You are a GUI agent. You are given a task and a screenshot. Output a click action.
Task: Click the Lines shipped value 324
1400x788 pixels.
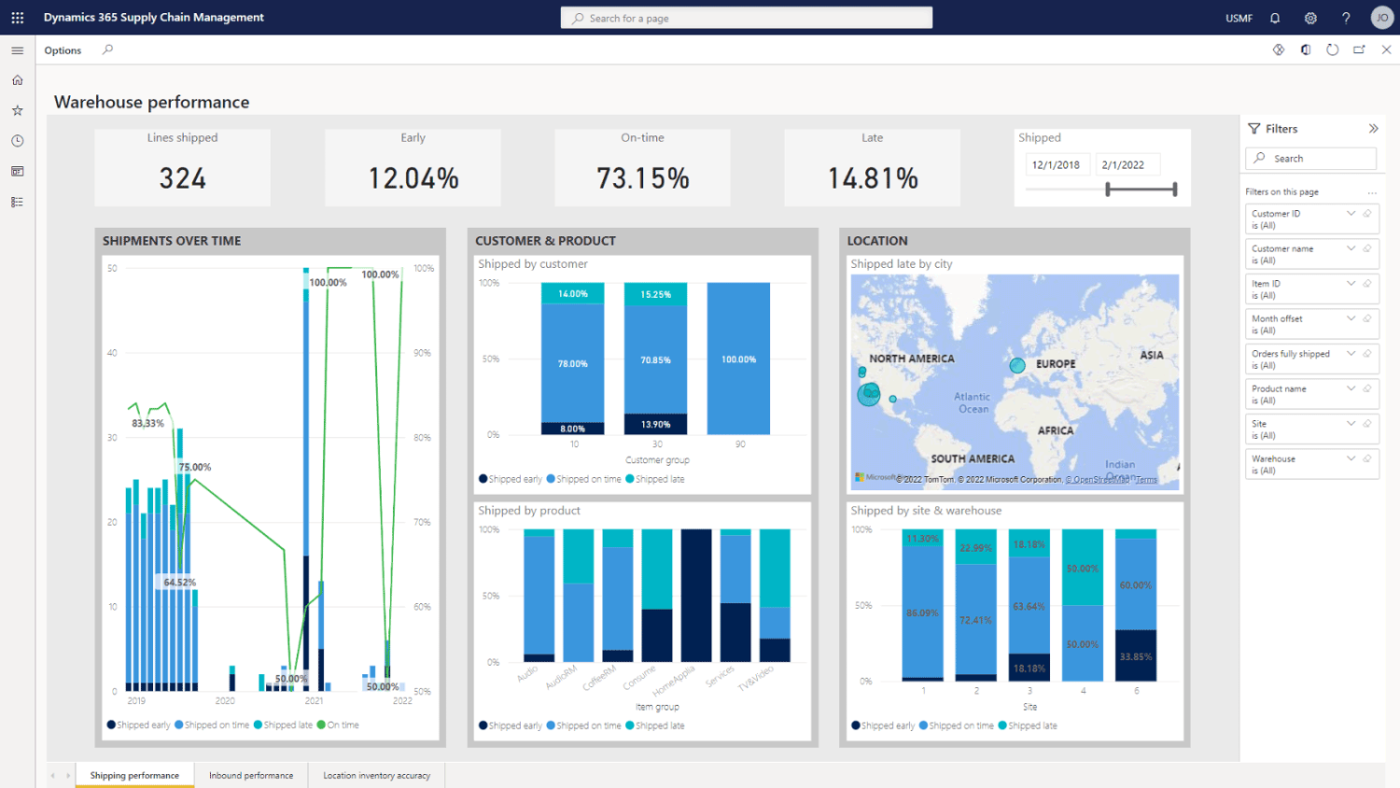click(x=182, y=177)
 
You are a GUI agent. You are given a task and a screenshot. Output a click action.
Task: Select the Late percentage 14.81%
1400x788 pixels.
click(x=873, y=177)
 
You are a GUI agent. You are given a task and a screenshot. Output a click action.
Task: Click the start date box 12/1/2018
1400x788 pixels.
click(x=1056, y=165)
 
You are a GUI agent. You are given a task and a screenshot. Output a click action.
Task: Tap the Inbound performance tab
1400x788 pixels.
click(x=251, y=775)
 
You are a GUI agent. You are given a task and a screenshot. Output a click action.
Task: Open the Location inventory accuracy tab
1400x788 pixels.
click(x=376, y=775)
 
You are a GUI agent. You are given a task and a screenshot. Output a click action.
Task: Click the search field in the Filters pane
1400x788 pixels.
click(x=1310, y=159)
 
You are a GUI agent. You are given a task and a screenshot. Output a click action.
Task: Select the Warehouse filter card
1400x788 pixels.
click(x=1310, y=464)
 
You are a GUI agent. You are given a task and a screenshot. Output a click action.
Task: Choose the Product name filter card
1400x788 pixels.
click(x=1310, y=394)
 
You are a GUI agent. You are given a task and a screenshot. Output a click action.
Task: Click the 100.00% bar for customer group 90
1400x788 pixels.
click(x=738, y=359)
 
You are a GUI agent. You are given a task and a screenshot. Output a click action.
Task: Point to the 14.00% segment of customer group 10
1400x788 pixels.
click(x=573, y=294)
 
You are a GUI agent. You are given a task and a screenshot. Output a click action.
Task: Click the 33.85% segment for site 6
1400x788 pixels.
click(x=1136, y=656)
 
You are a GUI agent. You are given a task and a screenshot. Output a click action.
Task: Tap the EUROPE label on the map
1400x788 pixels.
click(x=1056, y=364)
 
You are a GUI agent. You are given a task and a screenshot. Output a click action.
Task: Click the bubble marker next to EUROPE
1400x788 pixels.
click(x=1017, y=366)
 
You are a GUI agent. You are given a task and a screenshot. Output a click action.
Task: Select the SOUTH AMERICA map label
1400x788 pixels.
click(x=973, y=458)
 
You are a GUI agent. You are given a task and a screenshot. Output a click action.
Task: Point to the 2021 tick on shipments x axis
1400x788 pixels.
click(x=314, y=700)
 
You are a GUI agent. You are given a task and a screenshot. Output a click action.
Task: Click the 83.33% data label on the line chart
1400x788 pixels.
click(x=147, y=423)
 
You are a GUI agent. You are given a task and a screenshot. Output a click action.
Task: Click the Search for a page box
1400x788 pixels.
click(x=747, y=18)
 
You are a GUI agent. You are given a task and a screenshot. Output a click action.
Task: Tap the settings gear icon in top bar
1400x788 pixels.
click(x=1310, y=18)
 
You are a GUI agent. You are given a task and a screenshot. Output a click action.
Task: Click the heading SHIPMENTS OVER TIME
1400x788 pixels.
click(x=172, y=241)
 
